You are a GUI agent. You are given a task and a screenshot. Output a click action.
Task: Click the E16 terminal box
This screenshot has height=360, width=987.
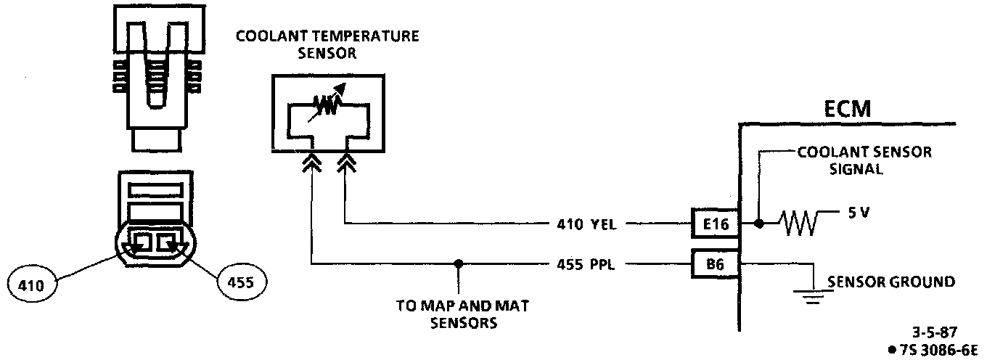(714, 224)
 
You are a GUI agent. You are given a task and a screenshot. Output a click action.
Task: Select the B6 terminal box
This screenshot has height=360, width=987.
(714, 265)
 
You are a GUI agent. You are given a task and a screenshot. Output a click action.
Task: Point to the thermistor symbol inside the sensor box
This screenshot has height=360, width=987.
(327, 108)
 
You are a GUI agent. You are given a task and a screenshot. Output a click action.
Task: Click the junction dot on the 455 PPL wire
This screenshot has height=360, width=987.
(458, 264)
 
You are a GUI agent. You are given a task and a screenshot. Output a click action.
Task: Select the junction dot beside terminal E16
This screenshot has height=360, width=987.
(758, 224)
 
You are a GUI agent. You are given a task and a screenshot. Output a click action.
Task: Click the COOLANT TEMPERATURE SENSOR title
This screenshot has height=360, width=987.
(327, 44)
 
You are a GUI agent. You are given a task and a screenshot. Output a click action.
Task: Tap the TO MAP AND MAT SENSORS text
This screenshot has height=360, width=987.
(462, 314)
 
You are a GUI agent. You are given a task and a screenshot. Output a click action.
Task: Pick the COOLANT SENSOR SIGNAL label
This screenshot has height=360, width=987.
(864, 160)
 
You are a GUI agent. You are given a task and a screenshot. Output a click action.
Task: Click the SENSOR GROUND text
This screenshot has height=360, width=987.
(890, 282)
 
